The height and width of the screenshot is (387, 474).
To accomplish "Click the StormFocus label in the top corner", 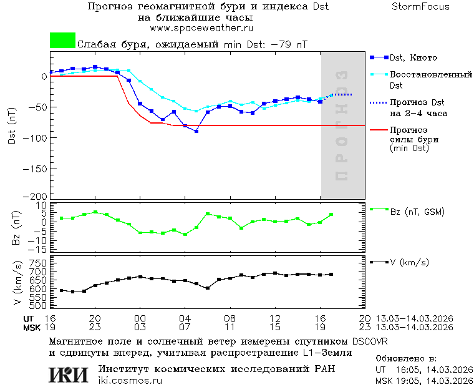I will (x=420, y=7).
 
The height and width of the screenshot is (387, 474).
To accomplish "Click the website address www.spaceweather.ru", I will (x=201, y=28).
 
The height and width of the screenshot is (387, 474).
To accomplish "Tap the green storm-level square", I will (x=62, y=41).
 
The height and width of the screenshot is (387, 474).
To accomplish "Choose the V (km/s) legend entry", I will (x=409, y=262).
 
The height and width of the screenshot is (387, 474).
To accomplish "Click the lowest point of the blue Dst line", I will (x=196, y=131).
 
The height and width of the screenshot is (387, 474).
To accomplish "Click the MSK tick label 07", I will (x=185, y=327).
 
